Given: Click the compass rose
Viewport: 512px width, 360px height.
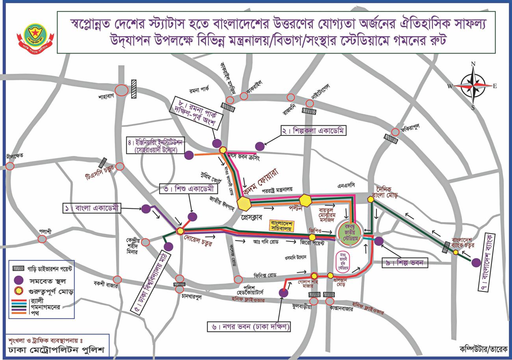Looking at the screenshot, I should (x=473, y=86).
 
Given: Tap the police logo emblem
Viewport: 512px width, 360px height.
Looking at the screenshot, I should (x=35, y=36).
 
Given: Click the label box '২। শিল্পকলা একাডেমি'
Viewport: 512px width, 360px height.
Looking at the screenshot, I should (x=314, y=131).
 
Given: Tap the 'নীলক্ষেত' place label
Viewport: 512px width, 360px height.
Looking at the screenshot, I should (x=15, y=156).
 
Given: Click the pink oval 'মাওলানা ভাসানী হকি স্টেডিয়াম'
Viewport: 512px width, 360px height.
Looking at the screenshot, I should (x=343, y=262).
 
